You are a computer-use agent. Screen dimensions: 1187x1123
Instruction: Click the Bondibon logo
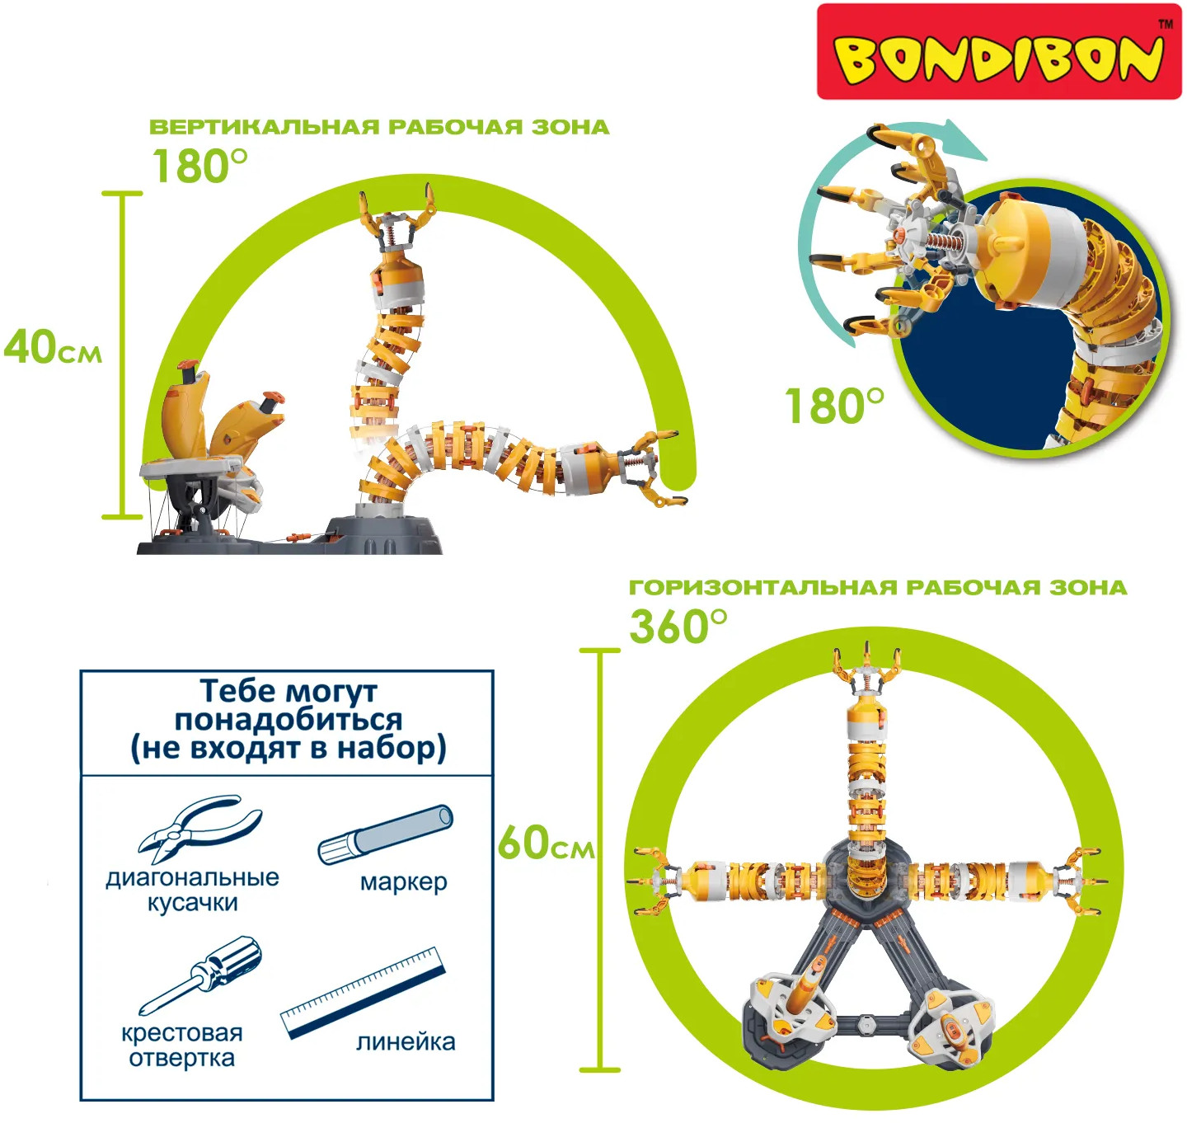(x=998, y=51)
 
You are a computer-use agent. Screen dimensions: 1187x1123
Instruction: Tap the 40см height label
(x=53, y=348)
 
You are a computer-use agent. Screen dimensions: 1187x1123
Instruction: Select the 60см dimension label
(x=546, y=843)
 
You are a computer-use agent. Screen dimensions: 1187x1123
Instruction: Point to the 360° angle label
(x=678, y=626)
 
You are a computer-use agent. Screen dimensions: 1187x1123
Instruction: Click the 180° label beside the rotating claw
(x=834, y=406)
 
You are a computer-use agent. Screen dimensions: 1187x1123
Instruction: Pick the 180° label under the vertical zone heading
(x=199, y=166)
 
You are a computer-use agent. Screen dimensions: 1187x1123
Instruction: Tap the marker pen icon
(x=385, y=834)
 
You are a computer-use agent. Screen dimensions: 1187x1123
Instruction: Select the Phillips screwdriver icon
(x=200, y=975)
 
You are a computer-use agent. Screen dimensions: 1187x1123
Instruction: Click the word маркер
(x=403, y=882)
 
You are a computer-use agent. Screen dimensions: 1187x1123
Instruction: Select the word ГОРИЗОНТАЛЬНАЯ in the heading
(x=763, y=588)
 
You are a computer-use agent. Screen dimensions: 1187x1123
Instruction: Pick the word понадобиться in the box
(x=288, y=720)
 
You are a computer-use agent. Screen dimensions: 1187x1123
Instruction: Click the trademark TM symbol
(x=1166, y=25)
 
